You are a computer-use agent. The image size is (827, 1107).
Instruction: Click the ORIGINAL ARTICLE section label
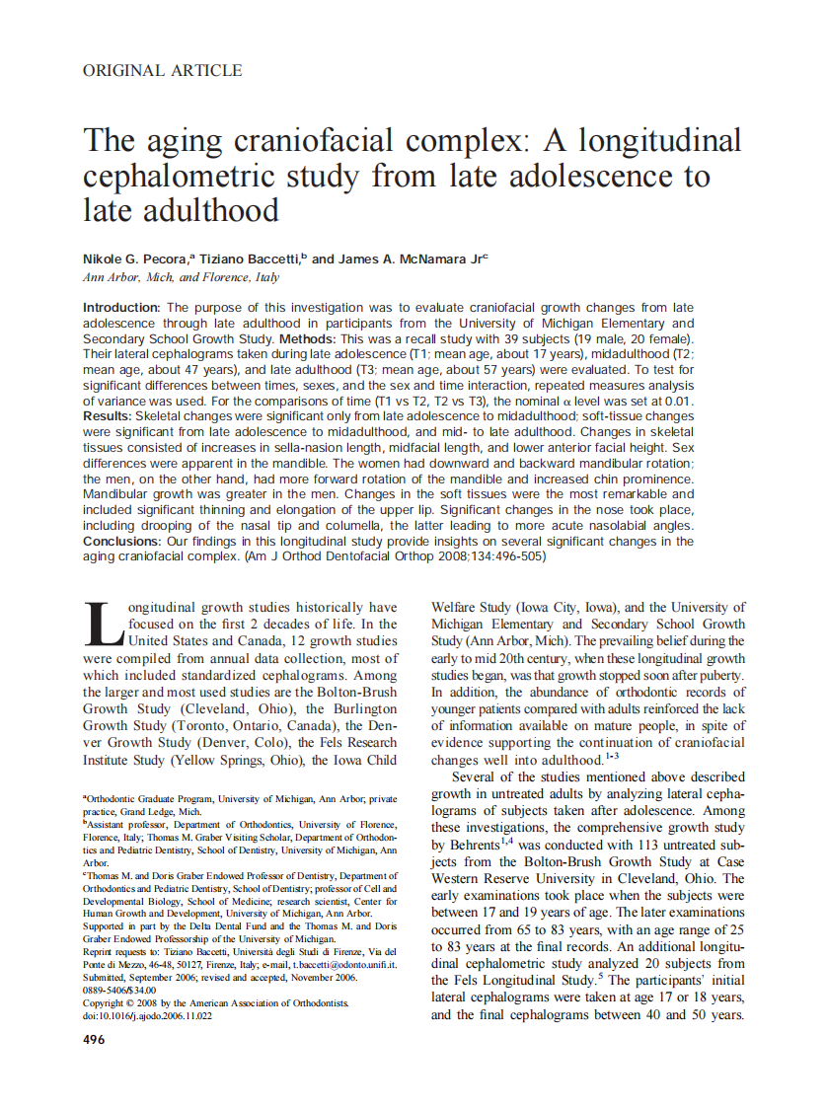coord(163,71)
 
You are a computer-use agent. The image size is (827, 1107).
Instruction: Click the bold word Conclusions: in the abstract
coord(125,542)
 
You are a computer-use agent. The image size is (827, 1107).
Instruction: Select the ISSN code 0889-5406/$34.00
coord(119,990)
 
